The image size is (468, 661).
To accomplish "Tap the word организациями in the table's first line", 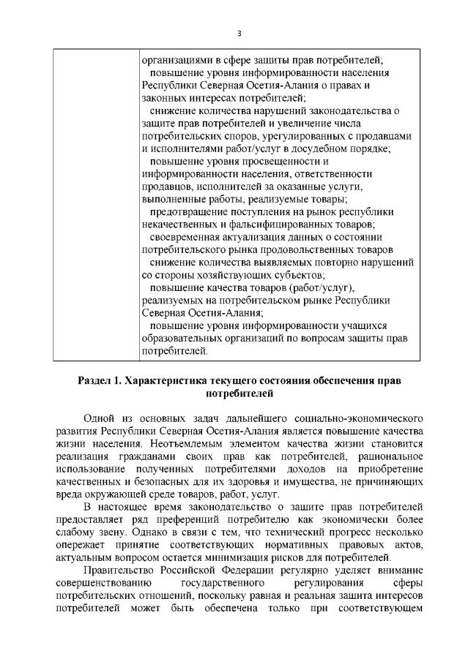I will click(x=175, y=61).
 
